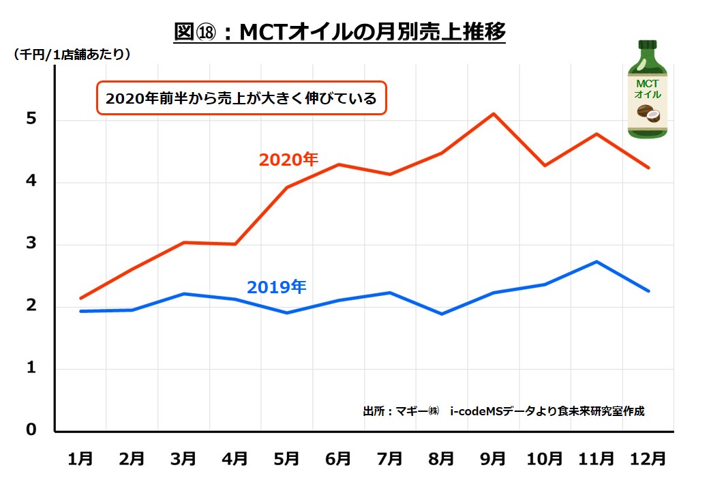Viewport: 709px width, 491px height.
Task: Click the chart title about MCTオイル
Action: point(339,32)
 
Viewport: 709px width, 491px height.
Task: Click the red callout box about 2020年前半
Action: point(241,98)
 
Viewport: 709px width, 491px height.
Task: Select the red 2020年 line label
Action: point(288,160)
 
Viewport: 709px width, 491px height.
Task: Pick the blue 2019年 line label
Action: point(276,287)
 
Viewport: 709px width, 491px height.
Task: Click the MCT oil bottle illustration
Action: point(647,91)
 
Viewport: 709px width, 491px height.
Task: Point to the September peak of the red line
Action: point(494,114)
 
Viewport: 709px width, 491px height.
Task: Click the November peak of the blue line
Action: point(597,261)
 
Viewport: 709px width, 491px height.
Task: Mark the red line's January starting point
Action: point(80,298)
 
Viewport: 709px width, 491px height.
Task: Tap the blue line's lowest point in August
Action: point(442,314)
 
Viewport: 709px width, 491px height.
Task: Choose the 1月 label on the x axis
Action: point(80,459)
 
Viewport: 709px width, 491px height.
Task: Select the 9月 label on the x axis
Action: point(494,459)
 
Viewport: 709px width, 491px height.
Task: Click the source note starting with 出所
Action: point(503,411)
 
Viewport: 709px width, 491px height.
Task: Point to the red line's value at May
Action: point(287,187)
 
